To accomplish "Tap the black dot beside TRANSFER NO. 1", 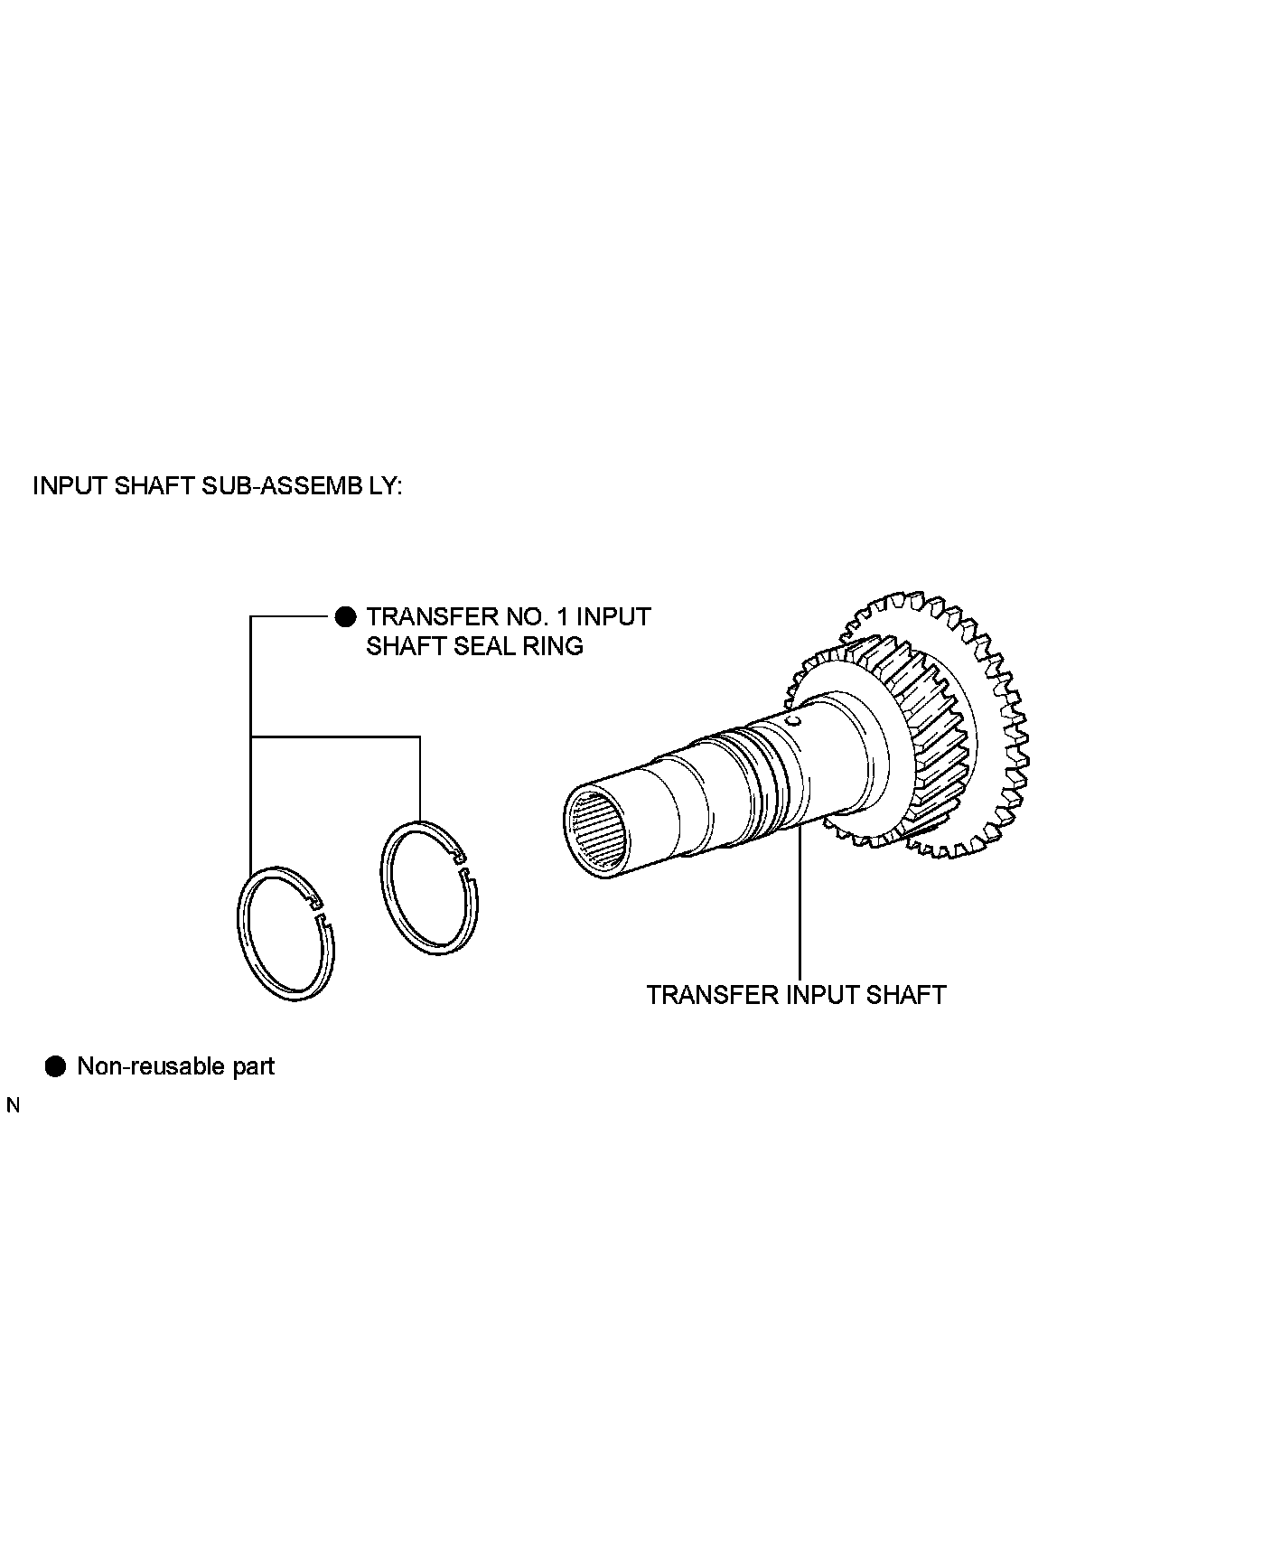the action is [345, 617].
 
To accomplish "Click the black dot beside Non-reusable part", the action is [56, 1066].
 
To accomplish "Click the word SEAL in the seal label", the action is [478, 646].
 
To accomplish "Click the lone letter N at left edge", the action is [13, 1105].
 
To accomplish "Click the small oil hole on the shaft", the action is [792, 721].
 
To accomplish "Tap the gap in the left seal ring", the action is [321, 911].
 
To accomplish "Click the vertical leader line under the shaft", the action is [800, 904].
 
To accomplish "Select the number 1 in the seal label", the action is [558, 617].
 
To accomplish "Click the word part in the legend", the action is [253, 1066].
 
